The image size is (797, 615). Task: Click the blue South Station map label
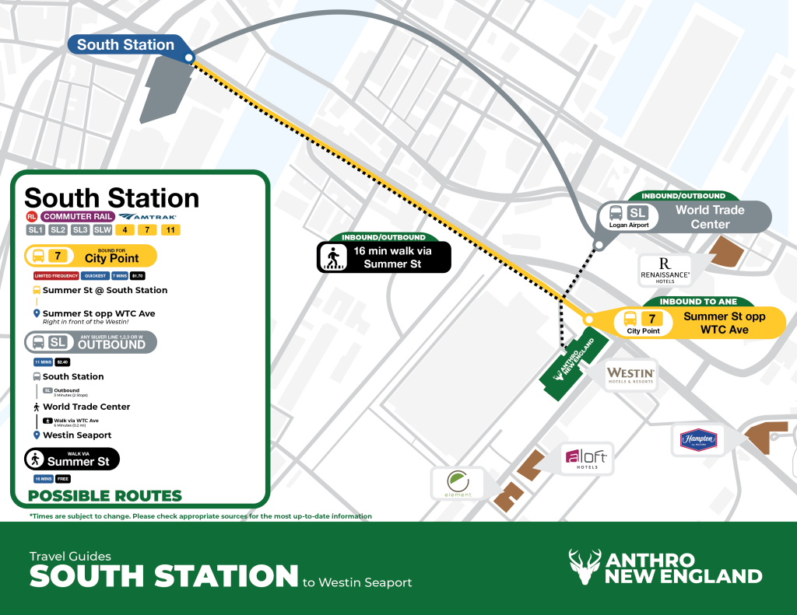coord(126,45)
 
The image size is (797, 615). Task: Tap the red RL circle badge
coord(31,217)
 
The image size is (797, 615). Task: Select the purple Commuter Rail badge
coord(78,217)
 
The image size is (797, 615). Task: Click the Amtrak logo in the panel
coord(148,217)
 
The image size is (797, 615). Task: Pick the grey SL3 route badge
coord(80,230)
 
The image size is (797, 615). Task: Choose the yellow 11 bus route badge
coord(170,230)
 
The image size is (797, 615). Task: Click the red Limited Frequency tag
coord(54,276)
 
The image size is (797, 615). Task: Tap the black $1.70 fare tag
coord(135,276)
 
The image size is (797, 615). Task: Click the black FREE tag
coord(63,479)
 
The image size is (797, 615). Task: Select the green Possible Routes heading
coord(105,496)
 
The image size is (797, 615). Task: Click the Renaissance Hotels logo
coord(665,269)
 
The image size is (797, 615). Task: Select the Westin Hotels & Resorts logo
coord(631,376)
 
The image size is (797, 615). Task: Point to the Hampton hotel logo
coord(698,440)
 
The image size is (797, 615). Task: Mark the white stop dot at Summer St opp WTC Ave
coord(588,320)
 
